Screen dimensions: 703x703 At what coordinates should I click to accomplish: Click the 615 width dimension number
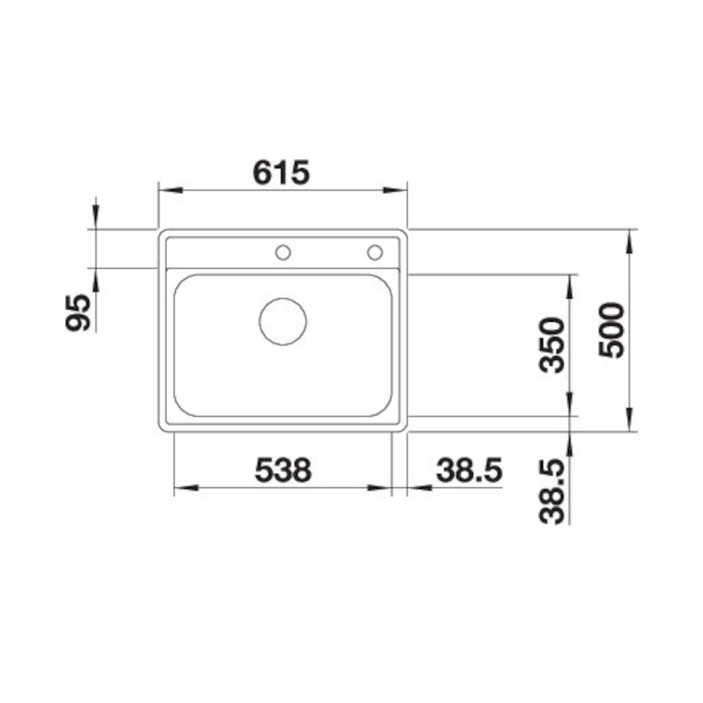pyautogui.click(x=281, y=173)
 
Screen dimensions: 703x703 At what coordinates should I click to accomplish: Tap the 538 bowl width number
pyautogui.click(x=283, y=470)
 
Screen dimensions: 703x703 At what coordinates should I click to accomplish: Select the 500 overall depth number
pyautogui.click(x=612, y=330)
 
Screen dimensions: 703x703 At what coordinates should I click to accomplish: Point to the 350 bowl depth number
pyautogui.click(x=551, y=345)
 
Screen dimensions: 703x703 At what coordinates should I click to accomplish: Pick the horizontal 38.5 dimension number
pyautogui.click(x=469, y=471)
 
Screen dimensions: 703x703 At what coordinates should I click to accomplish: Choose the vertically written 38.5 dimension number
pyautogui.click(x=551, y=492)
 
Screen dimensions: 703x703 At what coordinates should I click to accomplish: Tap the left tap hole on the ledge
pyautogui.click(x=283, y=253)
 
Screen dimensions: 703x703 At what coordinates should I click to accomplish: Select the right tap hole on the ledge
pyautogui.click(x=375, y=252)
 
